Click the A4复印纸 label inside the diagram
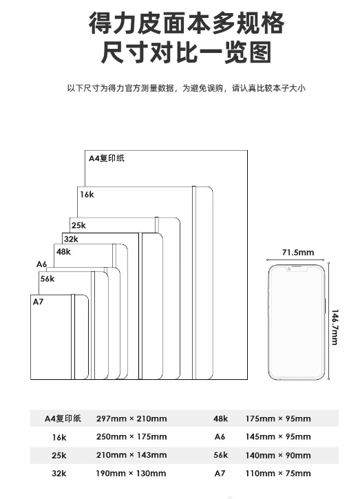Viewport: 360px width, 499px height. tap(106, 158)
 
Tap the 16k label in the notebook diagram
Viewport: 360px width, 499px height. tap(87, 195)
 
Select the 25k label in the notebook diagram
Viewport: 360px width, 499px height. tap(78, 225)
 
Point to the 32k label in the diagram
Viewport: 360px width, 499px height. tap(71, 239)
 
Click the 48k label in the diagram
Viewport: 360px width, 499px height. tap(63, 252)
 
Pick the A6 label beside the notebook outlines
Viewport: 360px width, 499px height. tap(41, 264)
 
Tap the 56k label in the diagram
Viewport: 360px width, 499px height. tap(47, 279)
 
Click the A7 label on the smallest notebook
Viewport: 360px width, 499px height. tap(38, 301)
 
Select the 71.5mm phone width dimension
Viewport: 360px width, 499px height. tap(298, 253)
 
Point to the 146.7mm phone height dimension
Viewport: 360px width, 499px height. tap(335, 327)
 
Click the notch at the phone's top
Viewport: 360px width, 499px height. tap(297, 269)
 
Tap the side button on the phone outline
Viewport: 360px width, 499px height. tap(326, 306)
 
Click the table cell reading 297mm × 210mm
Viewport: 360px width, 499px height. tap(131, 418)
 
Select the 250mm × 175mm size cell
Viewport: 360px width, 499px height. tap(131, 436)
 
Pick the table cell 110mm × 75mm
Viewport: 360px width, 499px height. tap(278, 474)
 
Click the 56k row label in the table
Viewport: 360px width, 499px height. tap(220, 455)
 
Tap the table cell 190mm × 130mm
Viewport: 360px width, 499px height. tap(131, 474)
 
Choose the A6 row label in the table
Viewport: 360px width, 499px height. tap(220, 436)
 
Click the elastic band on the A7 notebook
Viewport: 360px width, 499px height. tap(73, 337)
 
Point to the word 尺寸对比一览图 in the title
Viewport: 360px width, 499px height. tap(187, 52)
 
